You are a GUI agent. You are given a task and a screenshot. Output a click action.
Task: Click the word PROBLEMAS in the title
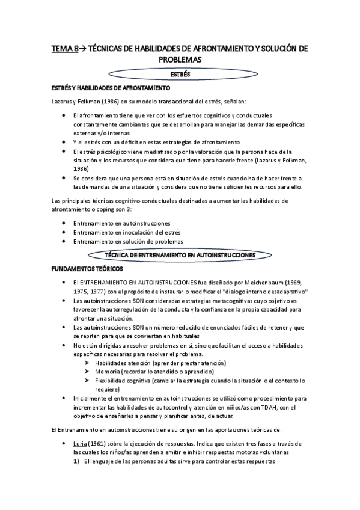click(x=180, y=60)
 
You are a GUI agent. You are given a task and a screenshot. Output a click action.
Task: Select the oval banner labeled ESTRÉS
click(x=180, y=75)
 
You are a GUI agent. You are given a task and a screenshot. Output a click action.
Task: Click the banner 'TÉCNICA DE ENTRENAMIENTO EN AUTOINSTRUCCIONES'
click(x=180, y=255)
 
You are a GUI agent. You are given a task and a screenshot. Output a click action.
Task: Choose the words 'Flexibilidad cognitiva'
click(x=122, y=381)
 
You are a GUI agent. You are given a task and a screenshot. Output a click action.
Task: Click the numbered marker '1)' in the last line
click(x=76, y=462)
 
